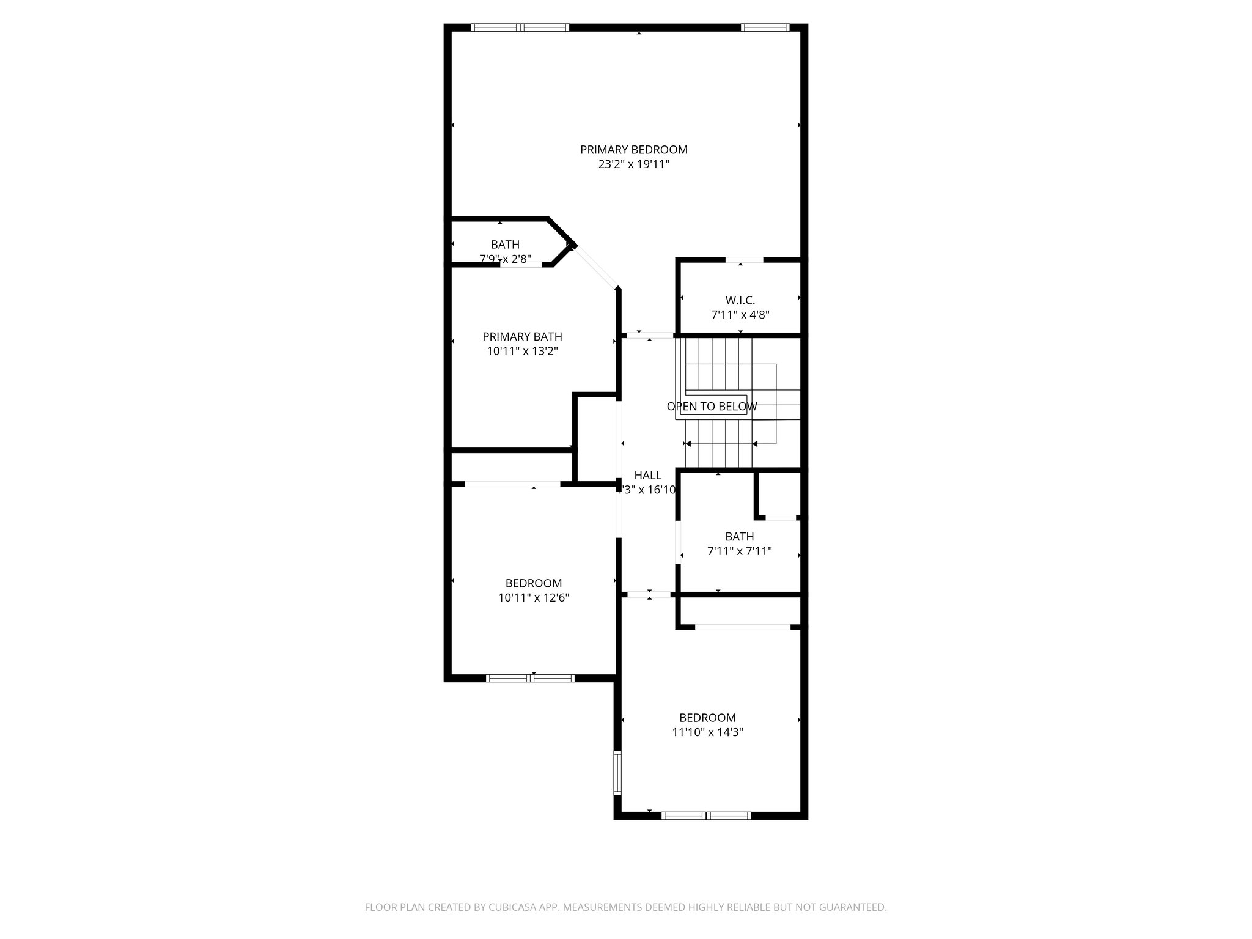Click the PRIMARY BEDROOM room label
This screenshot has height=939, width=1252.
tap(633, 150)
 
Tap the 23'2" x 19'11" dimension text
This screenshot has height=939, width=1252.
tap(633, 164)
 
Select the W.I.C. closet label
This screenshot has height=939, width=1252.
tap(740, 300)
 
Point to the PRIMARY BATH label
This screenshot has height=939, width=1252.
tap(522, 336)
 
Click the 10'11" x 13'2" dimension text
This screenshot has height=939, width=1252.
tap(522, 352)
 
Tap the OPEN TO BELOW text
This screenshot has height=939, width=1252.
tap(712, 407)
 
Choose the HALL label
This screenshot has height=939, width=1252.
tap(647, 475)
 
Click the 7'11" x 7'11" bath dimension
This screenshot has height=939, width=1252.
tap(739, 551)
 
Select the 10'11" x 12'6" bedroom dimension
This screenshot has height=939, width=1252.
tap(534, 598)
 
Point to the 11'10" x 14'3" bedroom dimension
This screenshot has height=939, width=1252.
tap(707, 732)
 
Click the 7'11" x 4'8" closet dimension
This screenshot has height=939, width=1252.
tap(740, 315)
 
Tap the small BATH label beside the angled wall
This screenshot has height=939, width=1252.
tap(505, 245)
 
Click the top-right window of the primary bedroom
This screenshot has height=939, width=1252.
tap(765, 28)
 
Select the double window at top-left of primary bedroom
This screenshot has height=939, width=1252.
tap(520, 28)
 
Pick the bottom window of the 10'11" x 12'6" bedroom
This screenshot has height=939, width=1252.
tap(530, 677)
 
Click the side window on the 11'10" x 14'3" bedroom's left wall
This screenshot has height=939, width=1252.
tap(617, 772)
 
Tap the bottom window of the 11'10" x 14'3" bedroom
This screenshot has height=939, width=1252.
tap(706, 815)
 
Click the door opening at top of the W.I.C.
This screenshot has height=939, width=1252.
tap(744, 260)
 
